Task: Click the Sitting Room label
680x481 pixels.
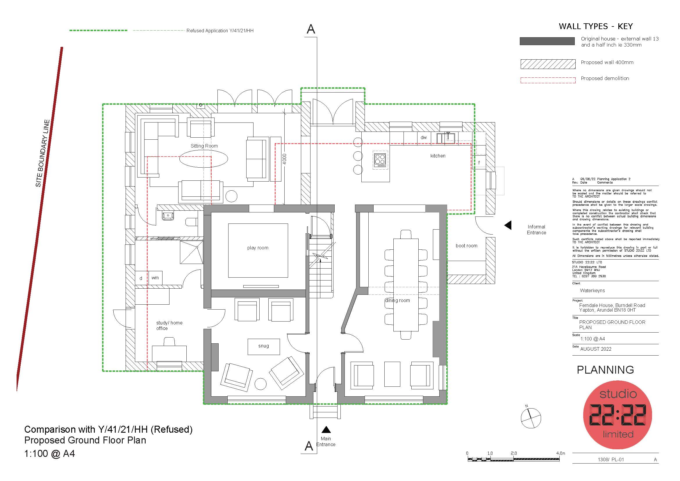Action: [204, 146]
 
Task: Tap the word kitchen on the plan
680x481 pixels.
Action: [438, 156]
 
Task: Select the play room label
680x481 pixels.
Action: [258, 248]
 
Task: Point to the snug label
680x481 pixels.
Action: [264, 346]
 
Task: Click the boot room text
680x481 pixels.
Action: [466, 246]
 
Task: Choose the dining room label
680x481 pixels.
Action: [397, 301]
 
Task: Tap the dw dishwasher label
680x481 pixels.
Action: [424, 138]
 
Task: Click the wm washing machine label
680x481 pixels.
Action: [155, 278]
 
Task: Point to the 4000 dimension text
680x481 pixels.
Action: [285, 159]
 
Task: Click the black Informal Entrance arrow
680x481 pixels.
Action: [508, 225]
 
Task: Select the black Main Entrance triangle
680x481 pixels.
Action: [326, 429]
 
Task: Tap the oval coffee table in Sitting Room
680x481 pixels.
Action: [204, 159]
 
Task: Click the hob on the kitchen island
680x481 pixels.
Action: [380, 160]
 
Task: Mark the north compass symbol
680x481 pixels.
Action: [531, 418]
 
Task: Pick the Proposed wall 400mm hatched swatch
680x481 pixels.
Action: [548, 64]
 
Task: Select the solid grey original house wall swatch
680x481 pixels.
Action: [547, 41]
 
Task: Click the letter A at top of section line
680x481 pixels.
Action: [311, 29]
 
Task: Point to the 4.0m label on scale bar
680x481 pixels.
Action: [561, 453]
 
